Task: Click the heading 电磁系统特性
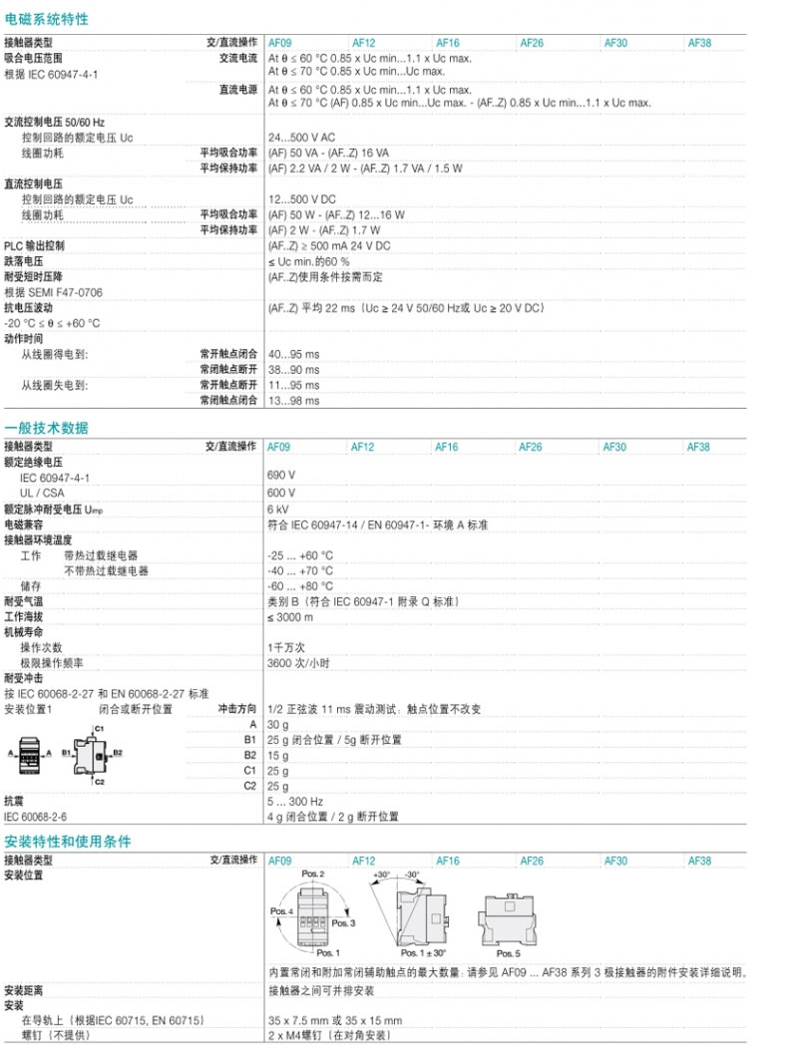[x=46, y=19]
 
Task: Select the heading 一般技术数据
[x=46, y=428]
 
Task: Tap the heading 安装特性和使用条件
[x=67, y=842]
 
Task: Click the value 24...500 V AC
[x=301, y=138]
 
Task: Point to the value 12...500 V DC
[x=301, y=199]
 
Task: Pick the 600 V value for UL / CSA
[x=281, y=493]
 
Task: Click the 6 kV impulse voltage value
[x=278, y=509]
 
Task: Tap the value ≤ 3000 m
[x=290, y=617]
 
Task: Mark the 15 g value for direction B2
[x=277, y=755]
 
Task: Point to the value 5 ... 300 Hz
[x=295, y=801]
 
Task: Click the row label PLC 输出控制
[x=35, y=245]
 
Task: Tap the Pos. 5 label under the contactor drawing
[x=508, y=954]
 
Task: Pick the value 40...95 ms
[x=293, y=354]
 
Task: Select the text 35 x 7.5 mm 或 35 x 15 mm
[x=335, y=1021]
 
